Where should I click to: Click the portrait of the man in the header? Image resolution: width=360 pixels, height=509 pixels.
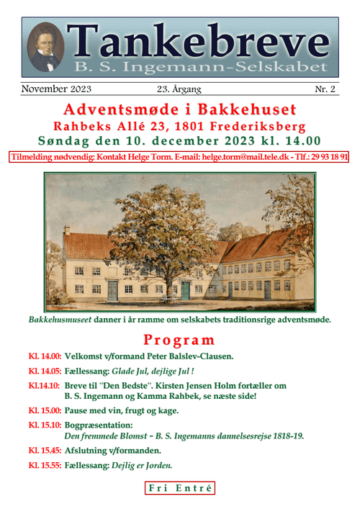[x=46, y=48]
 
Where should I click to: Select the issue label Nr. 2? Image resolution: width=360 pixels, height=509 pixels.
[x=328, y=89]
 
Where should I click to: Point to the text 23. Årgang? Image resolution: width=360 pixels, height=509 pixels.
[x=179, y=89]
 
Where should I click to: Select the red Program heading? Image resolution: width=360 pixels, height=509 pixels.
[x=179, y=340]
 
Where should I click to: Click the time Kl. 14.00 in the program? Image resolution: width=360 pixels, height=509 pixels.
[x=44, y=357]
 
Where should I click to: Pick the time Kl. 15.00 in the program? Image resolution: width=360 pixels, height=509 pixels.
[x=44, y=411]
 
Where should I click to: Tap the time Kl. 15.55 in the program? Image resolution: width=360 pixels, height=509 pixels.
[x=44, y=465]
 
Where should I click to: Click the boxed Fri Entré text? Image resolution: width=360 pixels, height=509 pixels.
[x=180, y=489]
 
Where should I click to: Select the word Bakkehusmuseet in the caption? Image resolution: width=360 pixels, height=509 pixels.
[x=60, y=319]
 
